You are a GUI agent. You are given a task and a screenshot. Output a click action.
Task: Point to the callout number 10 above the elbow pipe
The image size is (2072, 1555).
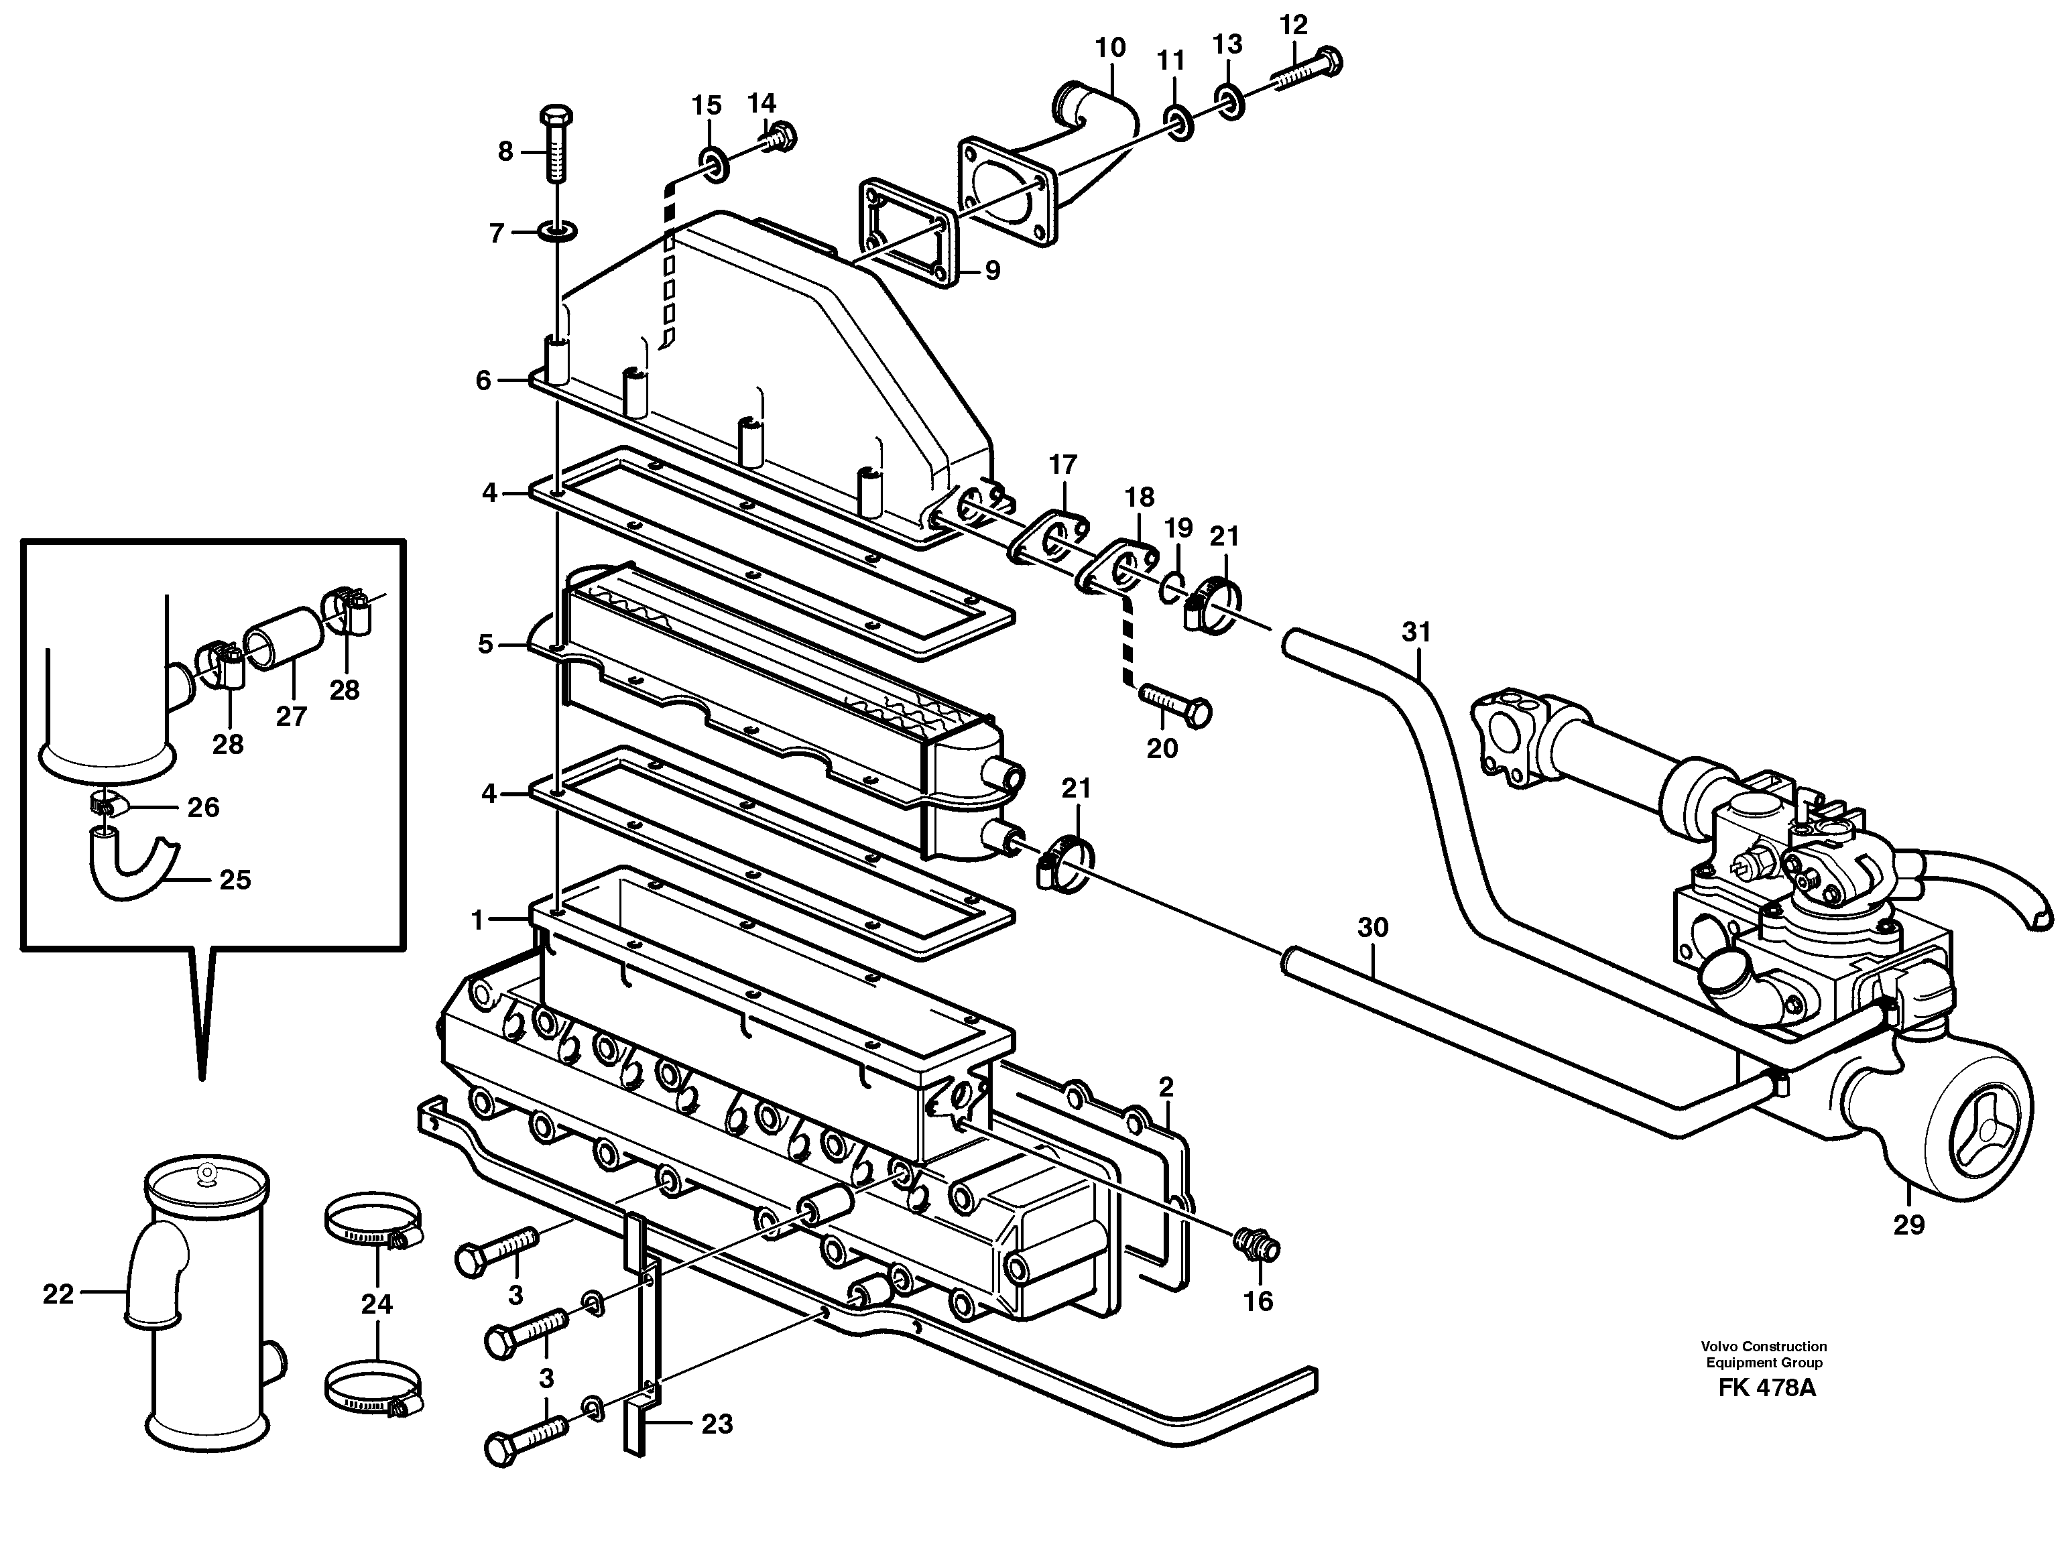tap(1110, 48)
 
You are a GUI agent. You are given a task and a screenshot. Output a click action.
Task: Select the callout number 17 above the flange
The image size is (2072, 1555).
tap(1063, 464)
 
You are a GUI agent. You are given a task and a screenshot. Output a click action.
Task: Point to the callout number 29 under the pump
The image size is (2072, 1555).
tap(1908, 1225)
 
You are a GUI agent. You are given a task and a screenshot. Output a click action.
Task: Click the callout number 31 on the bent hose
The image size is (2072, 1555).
tap(1416, 632)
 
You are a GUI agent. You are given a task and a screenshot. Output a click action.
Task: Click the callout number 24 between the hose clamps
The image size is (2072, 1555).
tap(377, 1303)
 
